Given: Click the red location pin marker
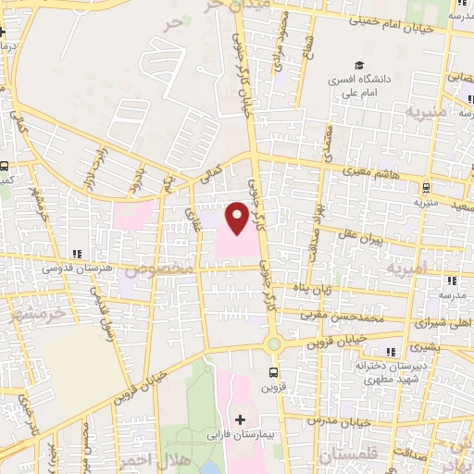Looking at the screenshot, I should pyautogui.click(x=237, y=217).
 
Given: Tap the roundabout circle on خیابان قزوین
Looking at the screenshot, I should pyautogui.click(x=274, y=345).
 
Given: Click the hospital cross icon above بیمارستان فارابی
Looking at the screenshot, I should pyautogui.click(x=241, y=419).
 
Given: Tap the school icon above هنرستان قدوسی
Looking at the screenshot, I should pyautogui.click(x=78, y=253).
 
